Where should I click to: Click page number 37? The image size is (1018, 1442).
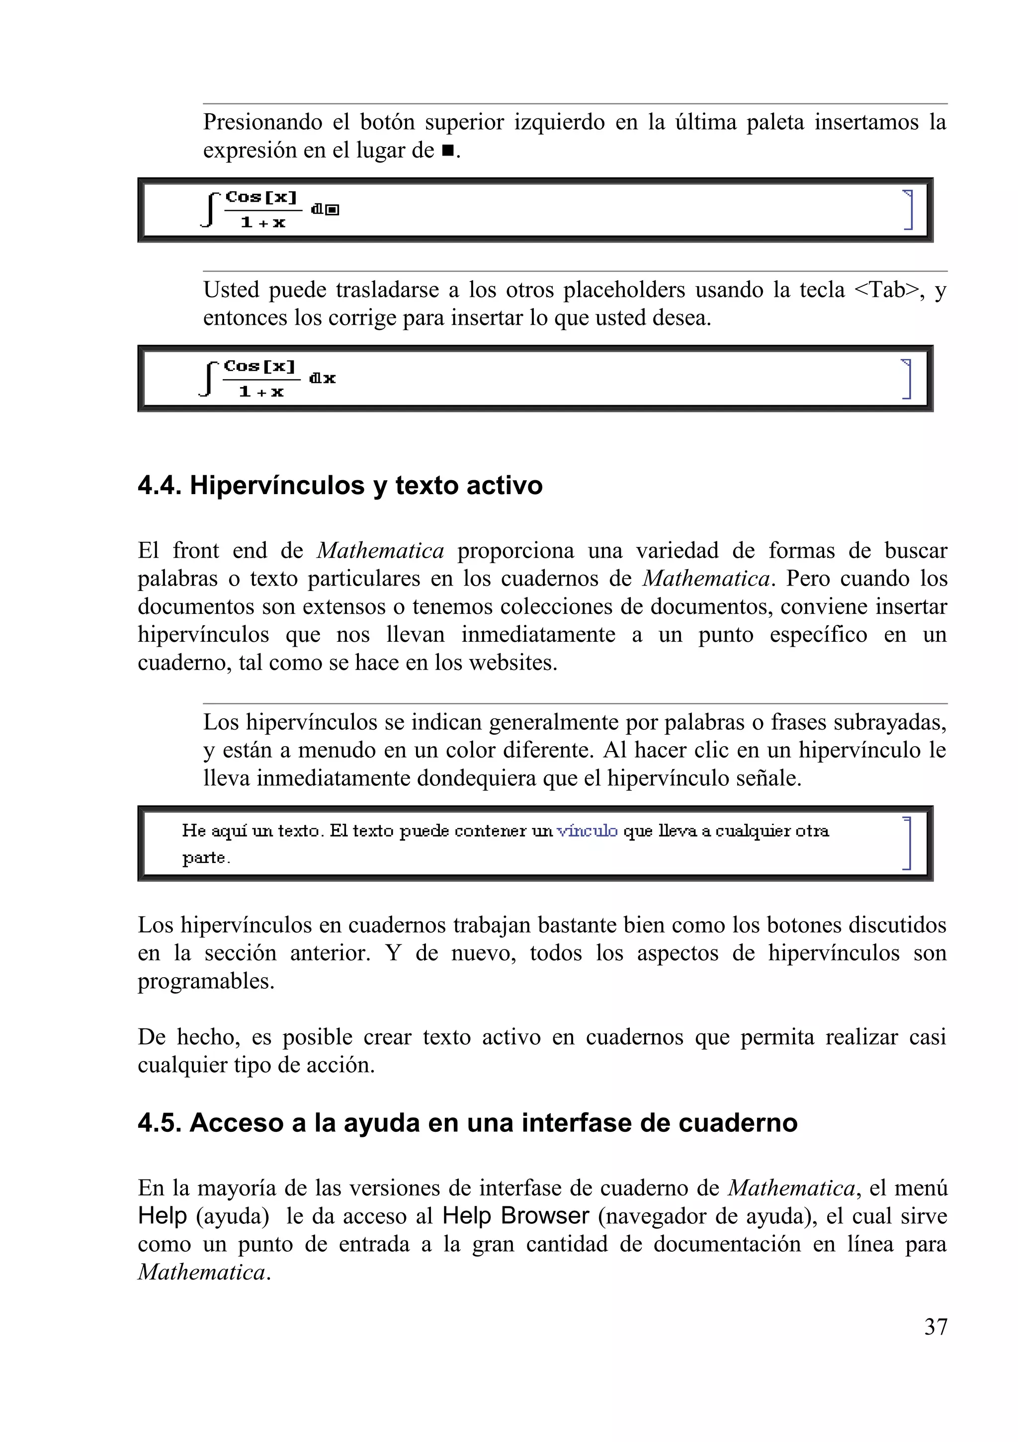point(935,1327)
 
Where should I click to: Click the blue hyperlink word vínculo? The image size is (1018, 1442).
point(587,831)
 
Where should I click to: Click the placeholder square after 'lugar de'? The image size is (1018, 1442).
point(447,151)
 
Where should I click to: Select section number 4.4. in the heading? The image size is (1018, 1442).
point(160,486)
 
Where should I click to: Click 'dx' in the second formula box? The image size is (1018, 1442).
point(323,378)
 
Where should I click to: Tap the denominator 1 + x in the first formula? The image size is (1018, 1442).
point(262,222)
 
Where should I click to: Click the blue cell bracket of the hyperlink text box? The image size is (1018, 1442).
point(907,843)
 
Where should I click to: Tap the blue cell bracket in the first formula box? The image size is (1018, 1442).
point(908,209)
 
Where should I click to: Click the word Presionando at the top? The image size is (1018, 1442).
point(262,122)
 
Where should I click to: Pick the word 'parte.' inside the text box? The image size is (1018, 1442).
point(206,858)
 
